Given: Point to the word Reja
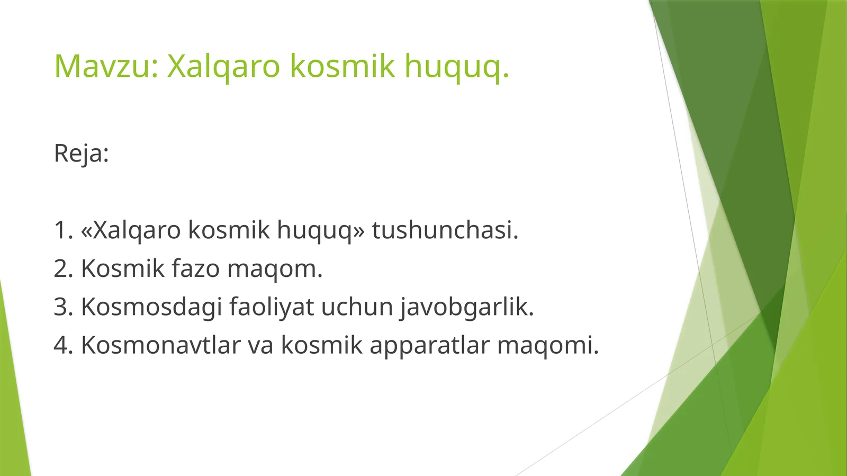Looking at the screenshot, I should [x=81, y=154].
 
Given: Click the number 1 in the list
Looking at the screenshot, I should [x=61, y=230].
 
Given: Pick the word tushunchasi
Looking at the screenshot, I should [x=445, y=230].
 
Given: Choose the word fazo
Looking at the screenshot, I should [x=195, y=269].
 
